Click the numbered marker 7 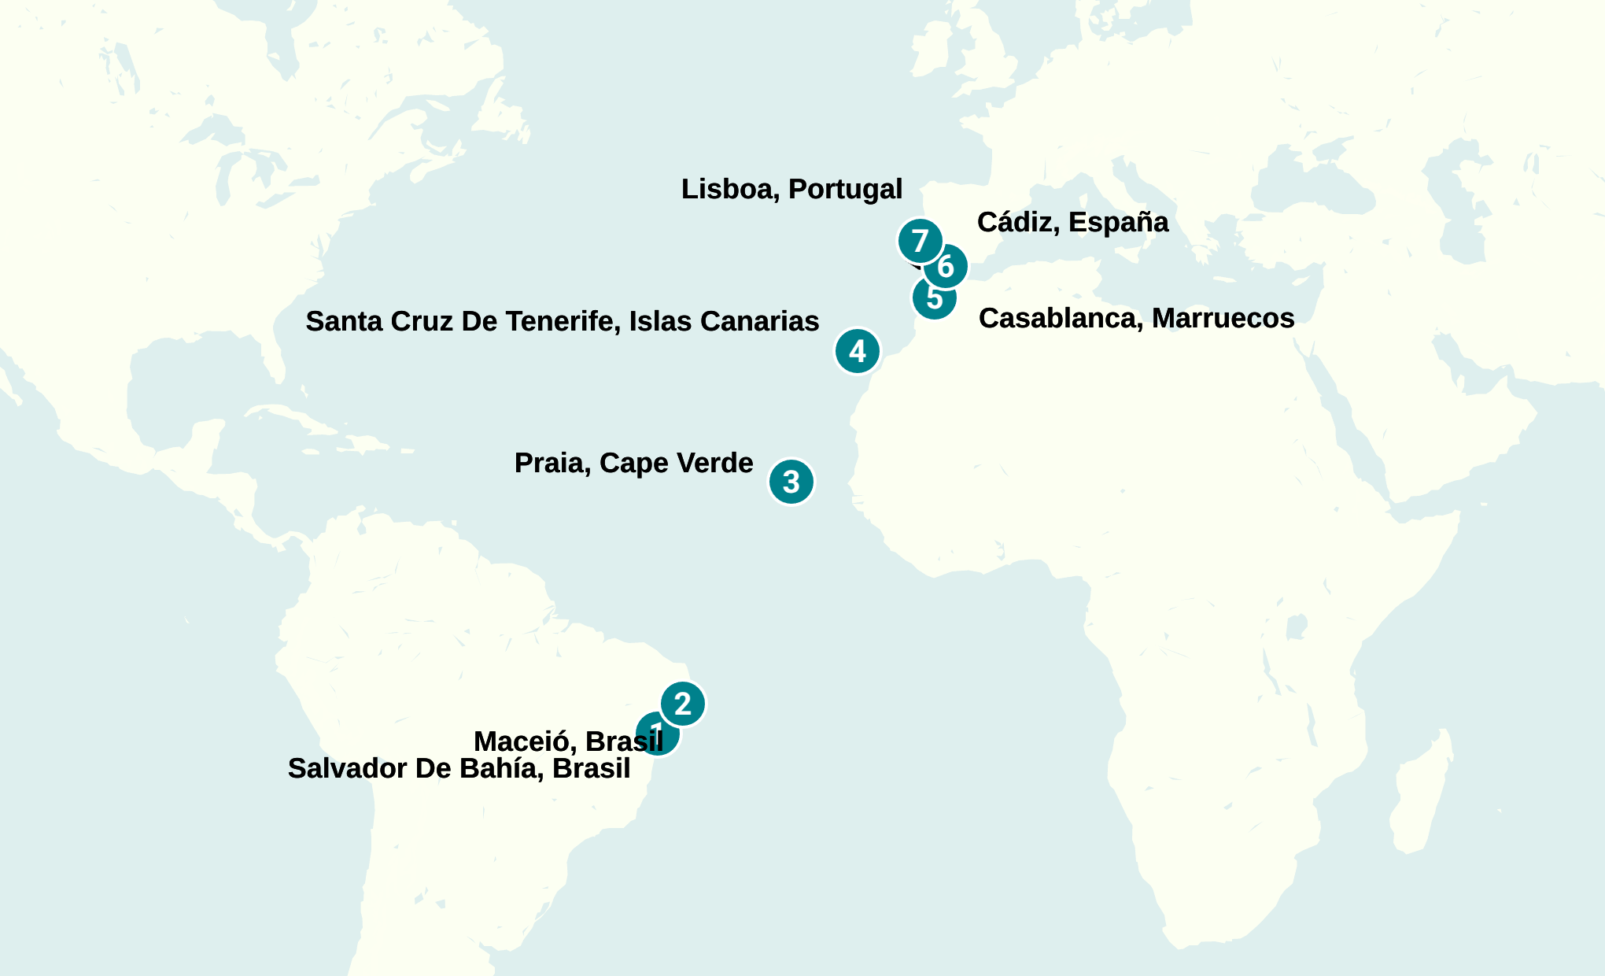[x=920, y=241]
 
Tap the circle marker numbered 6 [x=946, y=267]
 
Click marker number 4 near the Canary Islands [x=858, y=351]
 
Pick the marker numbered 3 [x=791, y=482]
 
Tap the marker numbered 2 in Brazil [x=683, y=704]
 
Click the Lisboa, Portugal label [x=791, y=189]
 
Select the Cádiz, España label [x=1072, y=222]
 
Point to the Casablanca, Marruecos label [x=1136, y=318]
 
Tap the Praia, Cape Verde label [x=633, y=463]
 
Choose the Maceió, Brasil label [x=568, y=741]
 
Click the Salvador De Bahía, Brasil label [x=459, y=768]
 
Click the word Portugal [x=846, y=189]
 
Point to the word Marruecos [x=1223, y=318]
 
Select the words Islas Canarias [x=724, y=321]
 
